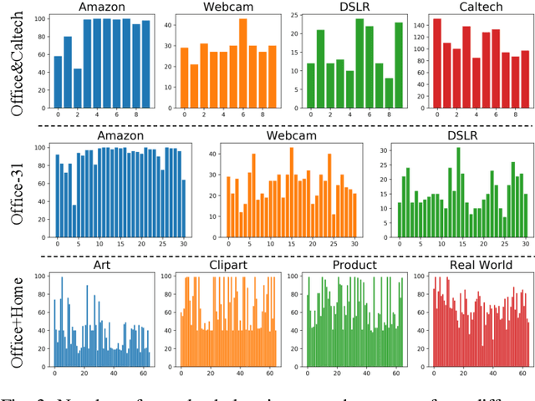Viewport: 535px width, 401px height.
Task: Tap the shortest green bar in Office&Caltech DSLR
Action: [388, 92]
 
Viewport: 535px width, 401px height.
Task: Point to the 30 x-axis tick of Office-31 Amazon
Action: [183, 244]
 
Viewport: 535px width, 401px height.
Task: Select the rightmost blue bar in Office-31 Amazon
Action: [183, 209]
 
